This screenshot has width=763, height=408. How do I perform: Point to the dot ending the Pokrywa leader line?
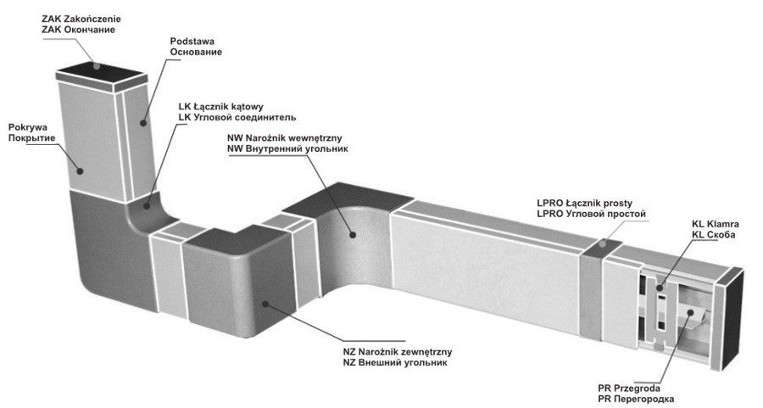[81, 170]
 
